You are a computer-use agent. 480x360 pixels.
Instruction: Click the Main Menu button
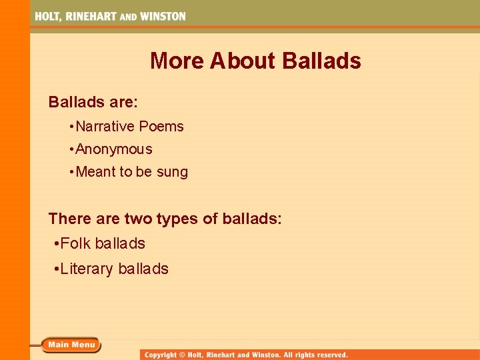tap(71, 345)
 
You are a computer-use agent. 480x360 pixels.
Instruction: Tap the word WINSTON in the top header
tap(162, 16)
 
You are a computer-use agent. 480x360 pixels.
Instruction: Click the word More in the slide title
tap(177, 61)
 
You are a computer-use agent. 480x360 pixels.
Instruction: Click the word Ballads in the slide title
tap(321, 61)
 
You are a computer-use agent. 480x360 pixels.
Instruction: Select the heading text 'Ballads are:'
tap(93, 102)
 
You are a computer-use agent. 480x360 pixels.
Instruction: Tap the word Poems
tap(161, 126)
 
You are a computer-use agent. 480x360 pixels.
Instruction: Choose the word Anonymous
tap(114, 149)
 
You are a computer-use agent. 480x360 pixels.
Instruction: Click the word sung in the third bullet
tap(172, 172)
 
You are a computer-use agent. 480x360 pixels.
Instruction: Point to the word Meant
tap(96, 172)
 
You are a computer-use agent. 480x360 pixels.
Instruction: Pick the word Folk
tap(75, 243)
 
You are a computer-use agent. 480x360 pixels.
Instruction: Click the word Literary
tap(87, 269)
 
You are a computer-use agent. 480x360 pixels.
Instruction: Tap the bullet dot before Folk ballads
tap(56, 244)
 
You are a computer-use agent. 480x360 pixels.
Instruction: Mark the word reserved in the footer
tap(327, 355)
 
